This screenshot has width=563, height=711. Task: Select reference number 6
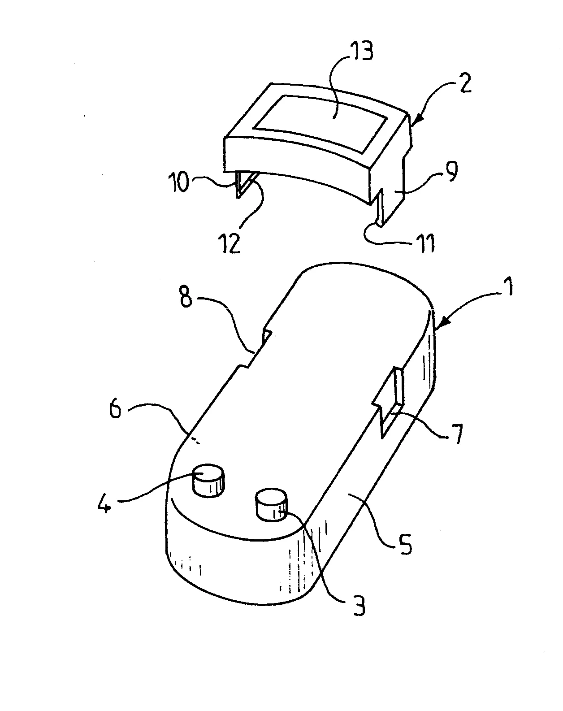click(x=116, y=410)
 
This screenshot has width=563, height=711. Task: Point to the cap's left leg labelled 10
click(x=243, y=184)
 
